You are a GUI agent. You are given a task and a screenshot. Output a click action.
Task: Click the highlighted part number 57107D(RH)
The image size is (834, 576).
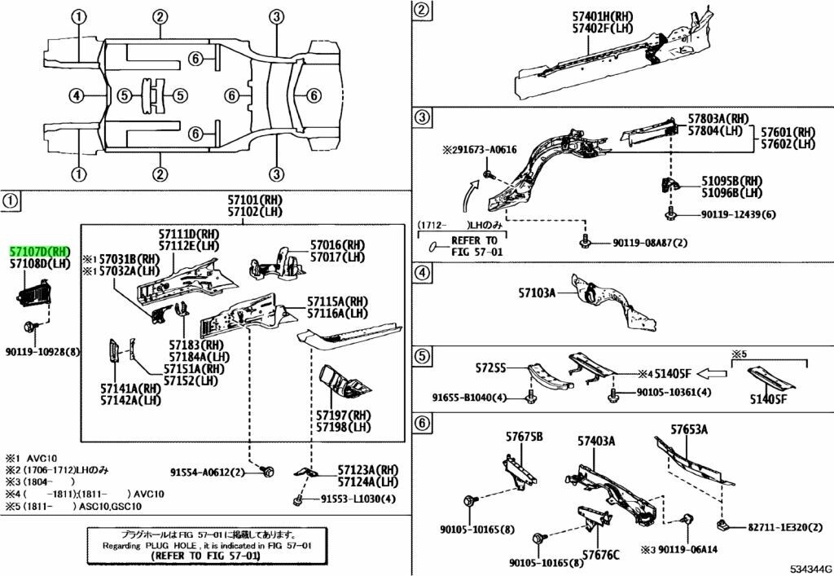point(40,253)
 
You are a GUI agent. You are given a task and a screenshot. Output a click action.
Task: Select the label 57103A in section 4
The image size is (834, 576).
point(538,292)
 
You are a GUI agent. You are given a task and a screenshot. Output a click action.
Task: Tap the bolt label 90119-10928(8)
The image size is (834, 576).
point(42,352)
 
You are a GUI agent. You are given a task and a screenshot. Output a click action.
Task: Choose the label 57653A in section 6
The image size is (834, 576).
point(689,429)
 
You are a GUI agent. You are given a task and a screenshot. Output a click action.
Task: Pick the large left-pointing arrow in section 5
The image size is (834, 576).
point(713,373)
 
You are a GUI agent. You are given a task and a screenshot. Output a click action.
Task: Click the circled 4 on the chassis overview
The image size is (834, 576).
point(76,96)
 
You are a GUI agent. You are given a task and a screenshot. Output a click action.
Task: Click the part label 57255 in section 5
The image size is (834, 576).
point(490,369)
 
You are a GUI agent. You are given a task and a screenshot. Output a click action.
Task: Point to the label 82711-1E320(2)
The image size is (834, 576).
point(779,528)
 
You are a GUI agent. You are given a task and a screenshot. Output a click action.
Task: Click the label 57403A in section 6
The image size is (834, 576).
point(596,441)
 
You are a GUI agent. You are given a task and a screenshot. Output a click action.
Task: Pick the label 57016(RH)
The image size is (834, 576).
point(338,244)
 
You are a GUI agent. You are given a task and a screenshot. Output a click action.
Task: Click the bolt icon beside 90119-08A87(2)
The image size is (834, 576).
point(585,242)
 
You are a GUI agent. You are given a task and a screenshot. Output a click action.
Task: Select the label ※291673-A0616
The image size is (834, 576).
point(481,151)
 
